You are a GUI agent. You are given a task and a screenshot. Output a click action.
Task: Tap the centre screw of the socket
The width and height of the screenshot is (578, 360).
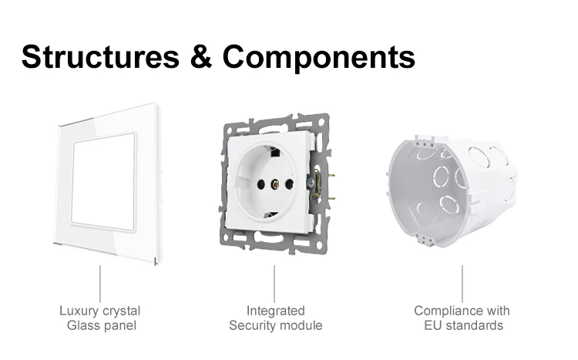tap(271, 186)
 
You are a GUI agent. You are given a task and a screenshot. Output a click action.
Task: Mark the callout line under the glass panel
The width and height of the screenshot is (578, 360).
tap(99, 283)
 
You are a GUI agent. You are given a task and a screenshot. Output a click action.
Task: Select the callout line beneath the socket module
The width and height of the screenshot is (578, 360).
tap(274, 283)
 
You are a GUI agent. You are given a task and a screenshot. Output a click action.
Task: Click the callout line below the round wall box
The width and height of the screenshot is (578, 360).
tap(462, 283)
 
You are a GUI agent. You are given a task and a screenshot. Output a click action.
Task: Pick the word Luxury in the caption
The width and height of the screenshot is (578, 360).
tap(79, 311)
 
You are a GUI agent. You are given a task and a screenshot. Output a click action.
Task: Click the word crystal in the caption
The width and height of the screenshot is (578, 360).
tap(122, 311)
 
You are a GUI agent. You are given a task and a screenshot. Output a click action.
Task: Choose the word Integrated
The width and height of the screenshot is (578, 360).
tap(275, 311)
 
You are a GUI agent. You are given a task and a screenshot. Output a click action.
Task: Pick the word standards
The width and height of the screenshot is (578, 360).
tap(473, 325)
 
